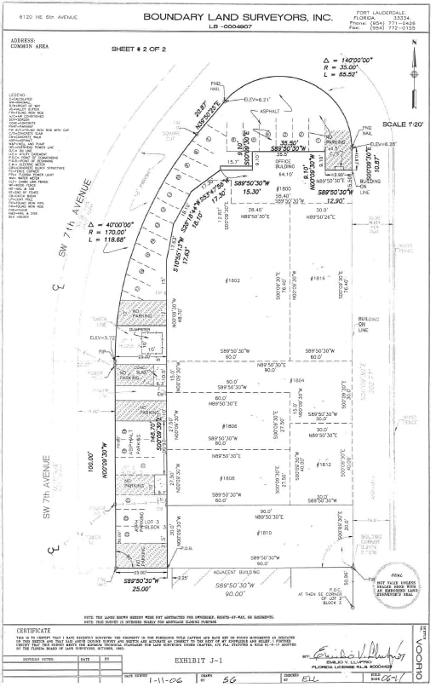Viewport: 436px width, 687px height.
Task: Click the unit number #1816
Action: (x=319, y=279)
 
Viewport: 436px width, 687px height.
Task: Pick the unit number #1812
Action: (x=324, y=465)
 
